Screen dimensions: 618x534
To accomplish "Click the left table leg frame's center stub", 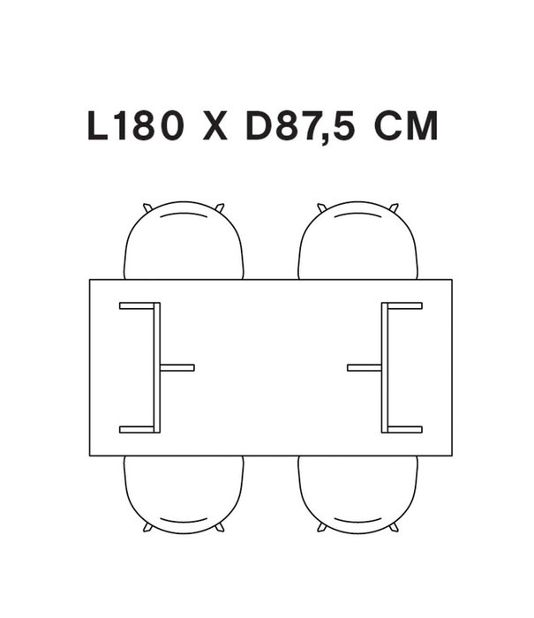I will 177,367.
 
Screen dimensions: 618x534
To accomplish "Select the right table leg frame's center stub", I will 365,367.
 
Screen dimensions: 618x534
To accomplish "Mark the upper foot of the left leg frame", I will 137,305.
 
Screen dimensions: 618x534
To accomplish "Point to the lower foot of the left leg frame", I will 137,430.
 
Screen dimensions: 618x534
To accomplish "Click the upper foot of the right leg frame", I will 404,305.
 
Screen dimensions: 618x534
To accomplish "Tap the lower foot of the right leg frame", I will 404,430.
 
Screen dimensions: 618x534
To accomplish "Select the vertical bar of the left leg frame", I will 157,367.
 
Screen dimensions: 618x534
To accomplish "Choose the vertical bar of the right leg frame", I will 385,367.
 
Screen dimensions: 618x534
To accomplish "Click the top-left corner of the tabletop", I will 90,281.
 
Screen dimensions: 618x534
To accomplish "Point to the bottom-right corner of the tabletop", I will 451,455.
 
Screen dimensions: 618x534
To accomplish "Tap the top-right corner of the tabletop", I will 451,281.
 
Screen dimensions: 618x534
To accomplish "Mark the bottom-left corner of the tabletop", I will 90,455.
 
